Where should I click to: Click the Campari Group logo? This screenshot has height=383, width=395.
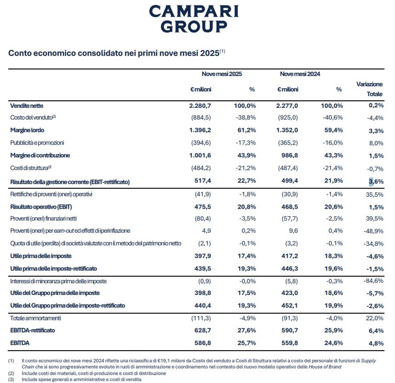pyautogui.click(x=194, y=18)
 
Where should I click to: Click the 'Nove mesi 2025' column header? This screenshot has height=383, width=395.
pyautogui.click(x=222, y=74)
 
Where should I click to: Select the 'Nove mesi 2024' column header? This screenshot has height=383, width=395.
pyautogui.click(x=300, y=74)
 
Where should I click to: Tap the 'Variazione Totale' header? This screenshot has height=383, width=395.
pyautogui.click(x=369, y=89)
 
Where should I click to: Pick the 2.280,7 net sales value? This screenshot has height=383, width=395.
pyautogui.click(x=200, y=106)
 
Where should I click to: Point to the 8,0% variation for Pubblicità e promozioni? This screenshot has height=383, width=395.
pyautogui.click(x=376, y=143)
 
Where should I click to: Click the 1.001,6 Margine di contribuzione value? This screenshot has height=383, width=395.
pyautogui.click(x=200, y=156)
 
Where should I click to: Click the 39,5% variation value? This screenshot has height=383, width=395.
pyautogui.click(x=374, y=219)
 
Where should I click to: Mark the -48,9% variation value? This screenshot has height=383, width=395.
pyautogui.click(x=373, y=231)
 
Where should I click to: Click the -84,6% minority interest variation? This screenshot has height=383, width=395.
pyautogui.click(x=373, y=281)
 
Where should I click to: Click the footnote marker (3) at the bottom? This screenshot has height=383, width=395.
pyautogui.click(x=11, y=379)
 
